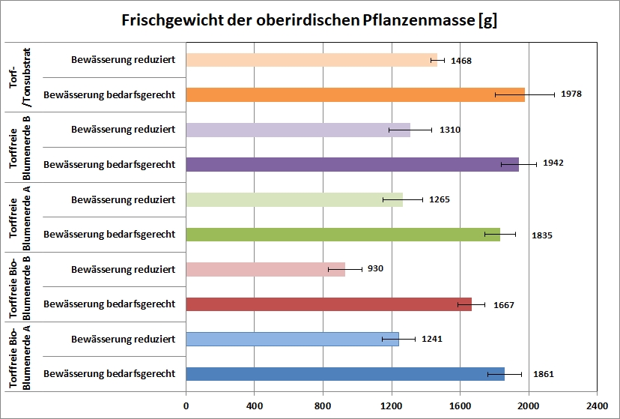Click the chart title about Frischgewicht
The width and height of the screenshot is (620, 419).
pyautogui.click(x=309, y=21)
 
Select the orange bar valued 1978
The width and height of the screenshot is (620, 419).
pyautogui.click(x=355, y=94)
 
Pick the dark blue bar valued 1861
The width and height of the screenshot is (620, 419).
pyautogui.click(x=345, y=373)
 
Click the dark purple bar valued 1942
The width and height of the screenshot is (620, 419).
pyautogui.click(x=352, y=164)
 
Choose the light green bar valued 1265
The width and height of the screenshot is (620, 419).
pyautogui.click(x=294, y=199)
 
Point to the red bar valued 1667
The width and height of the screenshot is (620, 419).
pyautogui.click(x=329, y=304)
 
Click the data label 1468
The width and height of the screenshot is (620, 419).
pyautogui.click(x=461, y=60)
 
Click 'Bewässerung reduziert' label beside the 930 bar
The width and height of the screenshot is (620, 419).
pyautogui.click(x=124, y=269)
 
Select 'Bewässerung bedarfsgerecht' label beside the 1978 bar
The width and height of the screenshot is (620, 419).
pyautogui.click(x=109, y=94)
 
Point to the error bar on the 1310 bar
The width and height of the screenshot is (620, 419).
pyautogui.click(x=410, y=130)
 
